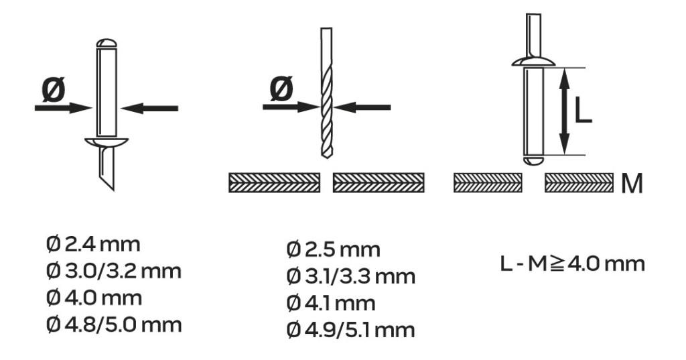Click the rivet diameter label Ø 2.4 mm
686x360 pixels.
(92, 244)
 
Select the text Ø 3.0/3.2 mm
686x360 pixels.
(113, 271)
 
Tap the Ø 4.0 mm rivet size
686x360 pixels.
(94, 298)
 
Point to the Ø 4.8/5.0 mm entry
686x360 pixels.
(114, 325)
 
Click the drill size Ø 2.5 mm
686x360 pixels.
(334, 249)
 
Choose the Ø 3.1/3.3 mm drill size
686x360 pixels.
(351, 276)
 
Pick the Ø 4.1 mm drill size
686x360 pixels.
(331, 303)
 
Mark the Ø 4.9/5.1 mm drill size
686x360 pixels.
(351, 330)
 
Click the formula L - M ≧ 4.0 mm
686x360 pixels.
(572, 263)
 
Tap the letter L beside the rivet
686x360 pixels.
(582, 111)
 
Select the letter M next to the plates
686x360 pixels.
(632, 184)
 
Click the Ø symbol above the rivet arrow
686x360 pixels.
(54, 89)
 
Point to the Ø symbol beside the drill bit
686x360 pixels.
(281, 89)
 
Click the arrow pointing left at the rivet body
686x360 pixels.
(149, 108)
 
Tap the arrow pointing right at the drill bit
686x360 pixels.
(291, 107)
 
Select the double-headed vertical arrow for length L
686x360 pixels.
(565, 112)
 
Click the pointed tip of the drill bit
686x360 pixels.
(326, 158)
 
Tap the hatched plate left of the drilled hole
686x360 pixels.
(274, 182)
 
